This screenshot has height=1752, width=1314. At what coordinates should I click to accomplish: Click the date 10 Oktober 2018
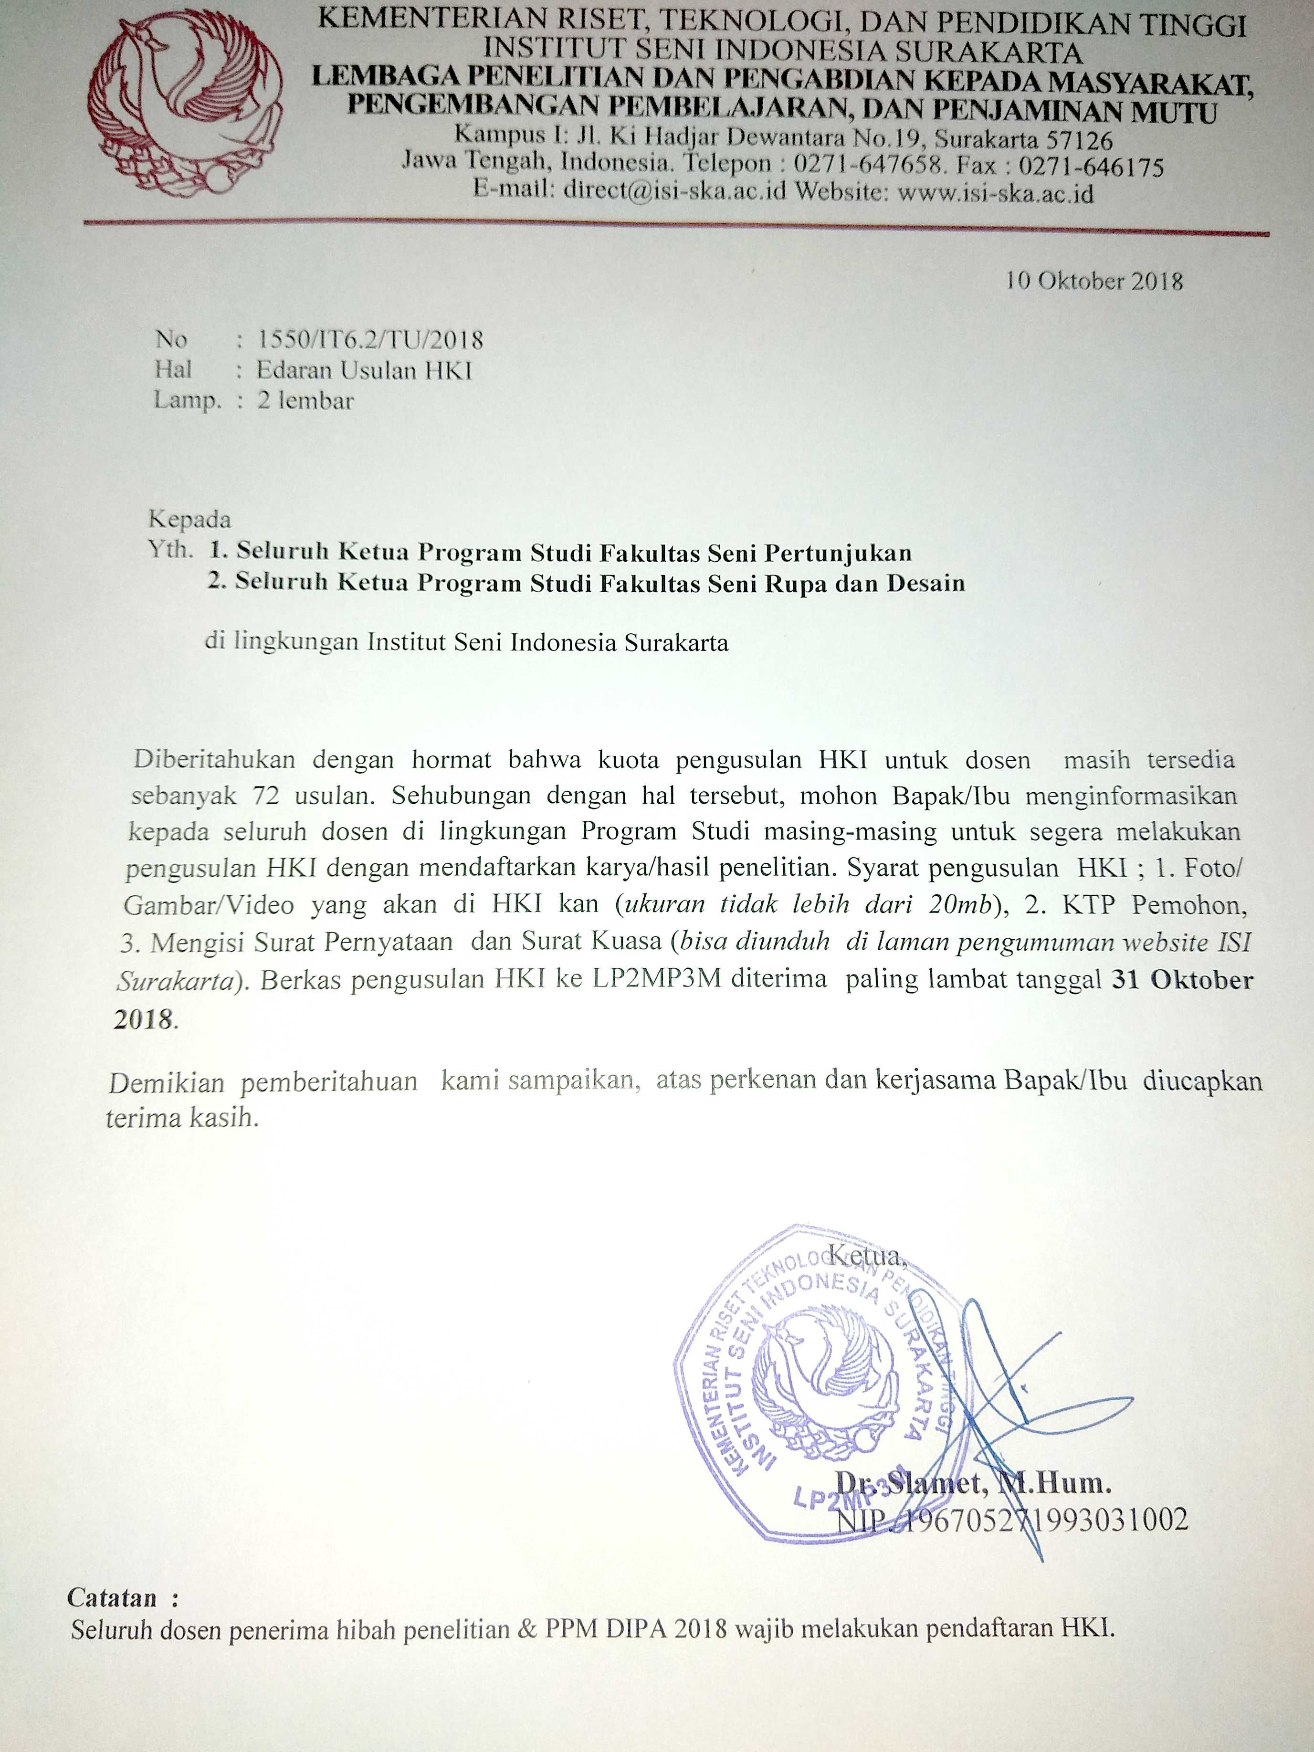1094,281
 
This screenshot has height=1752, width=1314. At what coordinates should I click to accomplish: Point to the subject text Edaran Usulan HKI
364,371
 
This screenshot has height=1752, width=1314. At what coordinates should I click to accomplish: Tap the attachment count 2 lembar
305,401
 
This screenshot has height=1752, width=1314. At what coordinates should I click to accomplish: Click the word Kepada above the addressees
189,520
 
